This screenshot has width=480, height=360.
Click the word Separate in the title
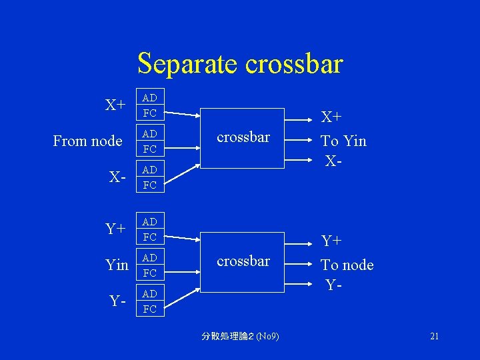tap(189, 64)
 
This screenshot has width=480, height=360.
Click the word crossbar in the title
tap(294, 64)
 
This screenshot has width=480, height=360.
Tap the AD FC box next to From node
tap(150, 141)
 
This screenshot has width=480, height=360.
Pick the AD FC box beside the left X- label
tap(150, 177)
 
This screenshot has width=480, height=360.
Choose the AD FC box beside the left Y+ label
tap(150, 229)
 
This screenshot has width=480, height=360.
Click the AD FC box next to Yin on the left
tap(150, 265)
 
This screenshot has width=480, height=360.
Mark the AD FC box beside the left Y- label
tap(150, 301)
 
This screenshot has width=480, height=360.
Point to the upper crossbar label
tap(243, 137)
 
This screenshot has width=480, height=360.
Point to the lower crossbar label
tap(243, 261)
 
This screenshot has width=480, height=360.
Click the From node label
tap(87, 141)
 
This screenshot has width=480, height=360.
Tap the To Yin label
tap(343, 141)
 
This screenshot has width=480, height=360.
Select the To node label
tap(347, 265)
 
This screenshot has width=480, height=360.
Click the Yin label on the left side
tap(117, 265)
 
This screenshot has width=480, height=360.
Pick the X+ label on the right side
tap(332, 118)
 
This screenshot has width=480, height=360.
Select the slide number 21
tap(434, 336)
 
